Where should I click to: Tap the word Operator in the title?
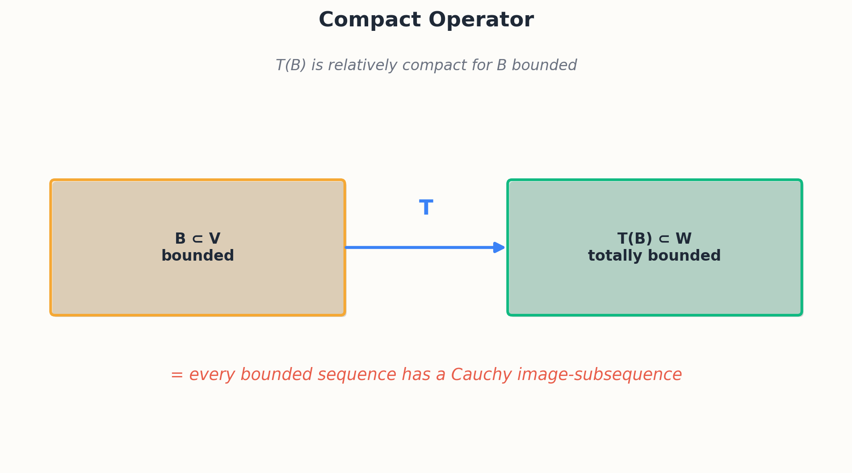pyautogui.click(x=481, y=21)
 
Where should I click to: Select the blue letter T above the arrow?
pyautogui.click(x=426, y=208)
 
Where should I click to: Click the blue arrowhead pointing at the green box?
pyautogui.click(x=499, y=247)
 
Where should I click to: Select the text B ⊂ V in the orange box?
pyautogui.click(x=197, y=239)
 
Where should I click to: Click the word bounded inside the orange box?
pyautogui.click(x=197, y=256)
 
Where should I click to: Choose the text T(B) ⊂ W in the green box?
pyautogui.click(x=655, y=239)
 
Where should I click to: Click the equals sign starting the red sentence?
pyautogui.click(x=177, y=375)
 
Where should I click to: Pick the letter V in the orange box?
pyautogui.click(x=214, y=239)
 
